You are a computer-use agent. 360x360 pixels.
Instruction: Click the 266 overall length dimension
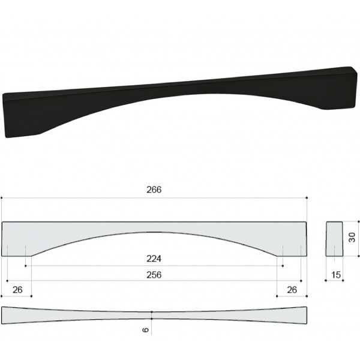[154, 190]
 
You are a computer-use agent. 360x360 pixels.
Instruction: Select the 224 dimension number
[154, 259]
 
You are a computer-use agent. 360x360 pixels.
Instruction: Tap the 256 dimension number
[154, 275]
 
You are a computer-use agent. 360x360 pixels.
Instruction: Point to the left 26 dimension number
[17, 290]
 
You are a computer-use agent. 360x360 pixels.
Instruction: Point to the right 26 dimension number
[292, 290]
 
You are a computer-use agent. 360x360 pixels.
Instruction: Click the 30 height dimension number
[352, 237]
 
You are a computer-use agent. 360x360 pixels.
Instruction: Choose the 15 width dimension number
[336, 275]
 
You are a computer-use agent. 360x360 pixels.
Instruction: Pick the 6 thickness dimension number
[146, 330]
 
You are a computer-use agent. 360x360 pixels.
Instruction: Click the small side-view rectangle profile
[334, 239]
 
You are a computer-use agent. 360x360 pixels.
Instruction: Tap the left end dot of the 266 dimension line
[1, 197]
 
